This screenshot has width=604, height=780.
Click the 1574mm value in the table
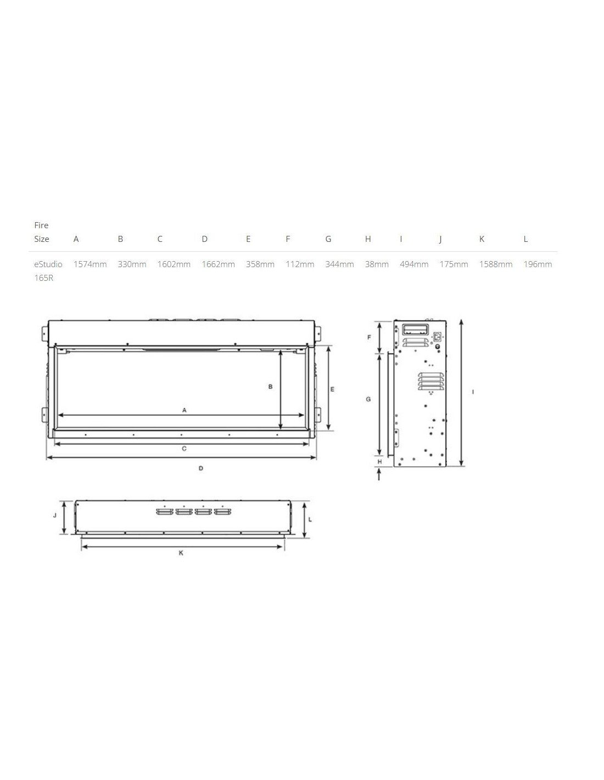tap(90, 264)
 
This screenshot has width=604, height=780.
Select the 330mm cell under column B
tap(132, 264)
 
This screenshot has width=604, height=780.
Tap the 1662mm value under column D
tap(218, 264)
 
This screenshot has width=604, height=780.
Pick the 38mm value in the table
tap(377, 264)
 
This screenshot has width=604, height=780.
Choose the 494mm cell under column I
tap(414, 264)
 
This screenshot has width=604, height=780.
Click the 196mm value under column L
tap(538, 264)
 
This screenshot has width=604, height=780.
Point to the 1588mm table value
tap(495, 264)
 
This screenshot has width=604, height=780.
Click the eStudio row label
tap(48, 264)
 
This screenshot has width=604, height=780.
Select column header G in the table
tap(328, 239)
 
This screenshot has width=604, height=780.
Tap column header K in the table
tap(482, 239)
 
